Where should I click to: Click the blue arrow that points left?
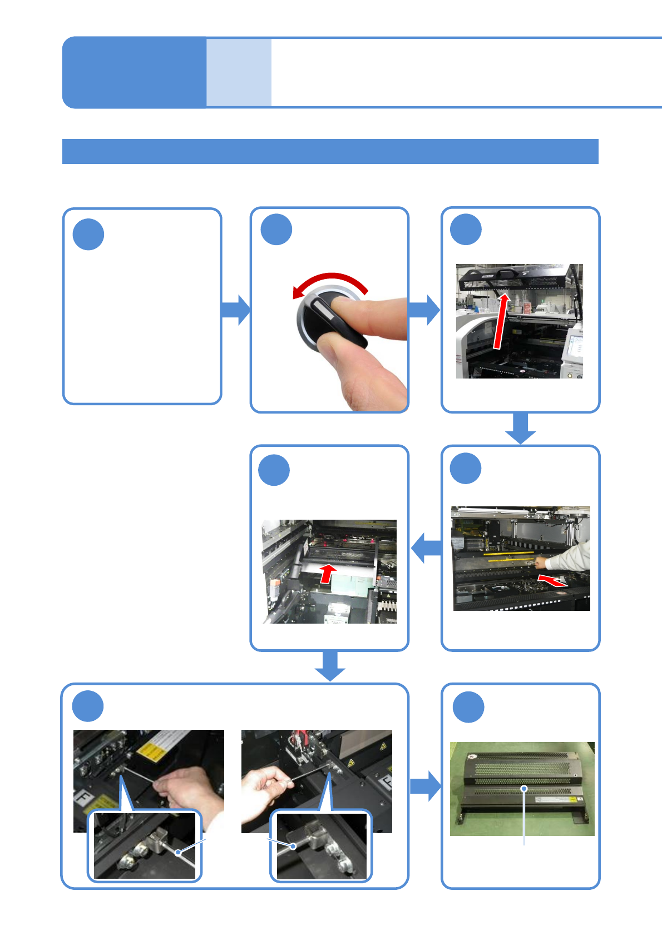pyautogui.click(x=426, y=547)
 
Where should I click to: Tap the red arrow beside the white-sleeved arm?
pyautogui.click(x=553, y=581)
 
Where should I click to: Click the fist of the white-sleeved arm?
pyautogui.click(x=540, y=563)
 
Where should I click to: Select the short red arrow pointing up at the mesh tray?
pyautogui.click(x=328, y=572)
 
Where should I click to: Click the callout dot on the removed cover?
pyautogui.click(x=523, y=788)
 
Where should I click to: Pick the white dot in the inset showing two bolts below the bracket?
pyautogui.click(x=178, y=852)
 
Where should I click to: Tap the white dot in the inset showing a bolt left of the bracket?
pyautogui.click(x=294, y=846)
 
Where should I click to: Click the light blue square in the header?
pyautogui.click(x=239, y=72)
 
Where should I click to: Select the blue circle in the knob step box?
pyautogui.click(x=276, y=230)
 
